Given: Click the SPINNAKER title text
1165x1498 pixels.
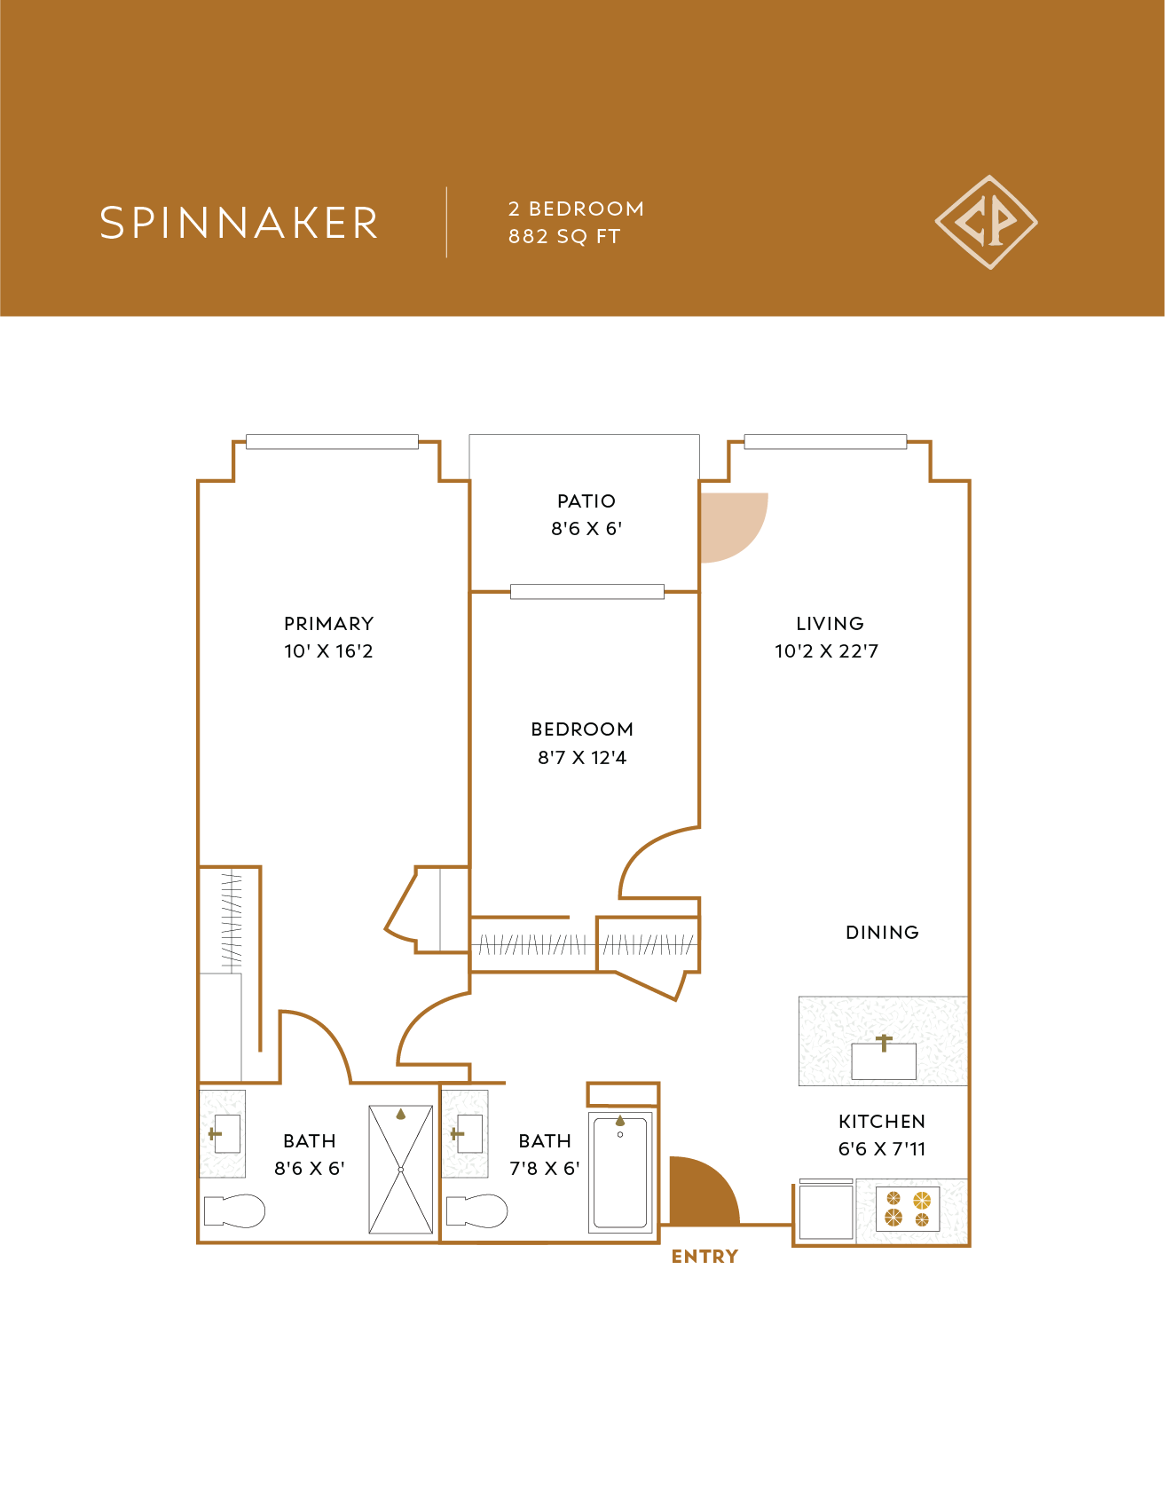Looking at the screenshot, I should pos(239,223).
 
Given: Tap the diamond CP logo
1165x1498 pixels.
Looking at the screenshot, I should pos(986,222).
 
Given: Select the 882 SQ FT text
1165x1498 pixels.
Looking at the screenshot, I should pos(563,237).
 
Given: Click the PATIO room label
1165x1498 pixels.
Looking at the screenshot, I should pos(586,501).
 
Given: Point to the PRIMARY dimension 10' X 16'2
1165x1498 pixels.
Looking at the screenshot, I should pos(328,651).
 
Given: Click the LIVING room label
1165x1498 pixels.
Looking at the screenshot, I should pos(830,624).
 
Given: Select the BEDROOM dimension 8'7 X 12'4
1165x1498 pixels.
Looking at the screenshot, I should pos(582,758).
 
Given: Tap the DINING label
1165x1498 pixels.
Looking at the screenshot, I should pos(882,933).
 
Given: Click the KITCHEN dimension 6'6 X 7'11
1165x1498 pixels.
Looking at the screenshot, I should pos(882,1149).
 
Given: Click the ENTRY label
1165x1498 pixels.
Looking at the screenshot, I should pos(705,1257).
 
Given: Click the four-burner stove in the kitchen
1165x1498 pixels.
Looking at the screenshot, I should pos(908,1210).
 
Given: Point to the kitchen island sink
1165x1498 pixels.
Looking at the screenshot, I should pos(884,1060).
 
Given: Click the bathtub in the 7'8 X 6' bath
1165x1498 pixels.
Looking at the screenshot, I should pos(620,1172).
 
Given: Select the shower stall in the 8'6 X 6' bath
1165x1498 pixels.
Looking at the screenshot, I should pos(401,1170).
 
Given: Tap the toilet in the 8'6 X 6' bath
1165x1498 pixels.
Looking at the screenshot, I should pos(234,1210).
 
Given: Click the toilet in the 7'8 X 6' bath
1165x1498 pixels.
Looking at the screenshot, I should pos(476,1210).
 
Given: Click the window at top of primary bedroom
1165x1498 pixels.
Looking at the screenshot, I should pos(332,442).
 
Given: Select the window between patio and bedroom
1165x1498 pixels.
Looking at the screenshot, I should pos(586,592).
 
